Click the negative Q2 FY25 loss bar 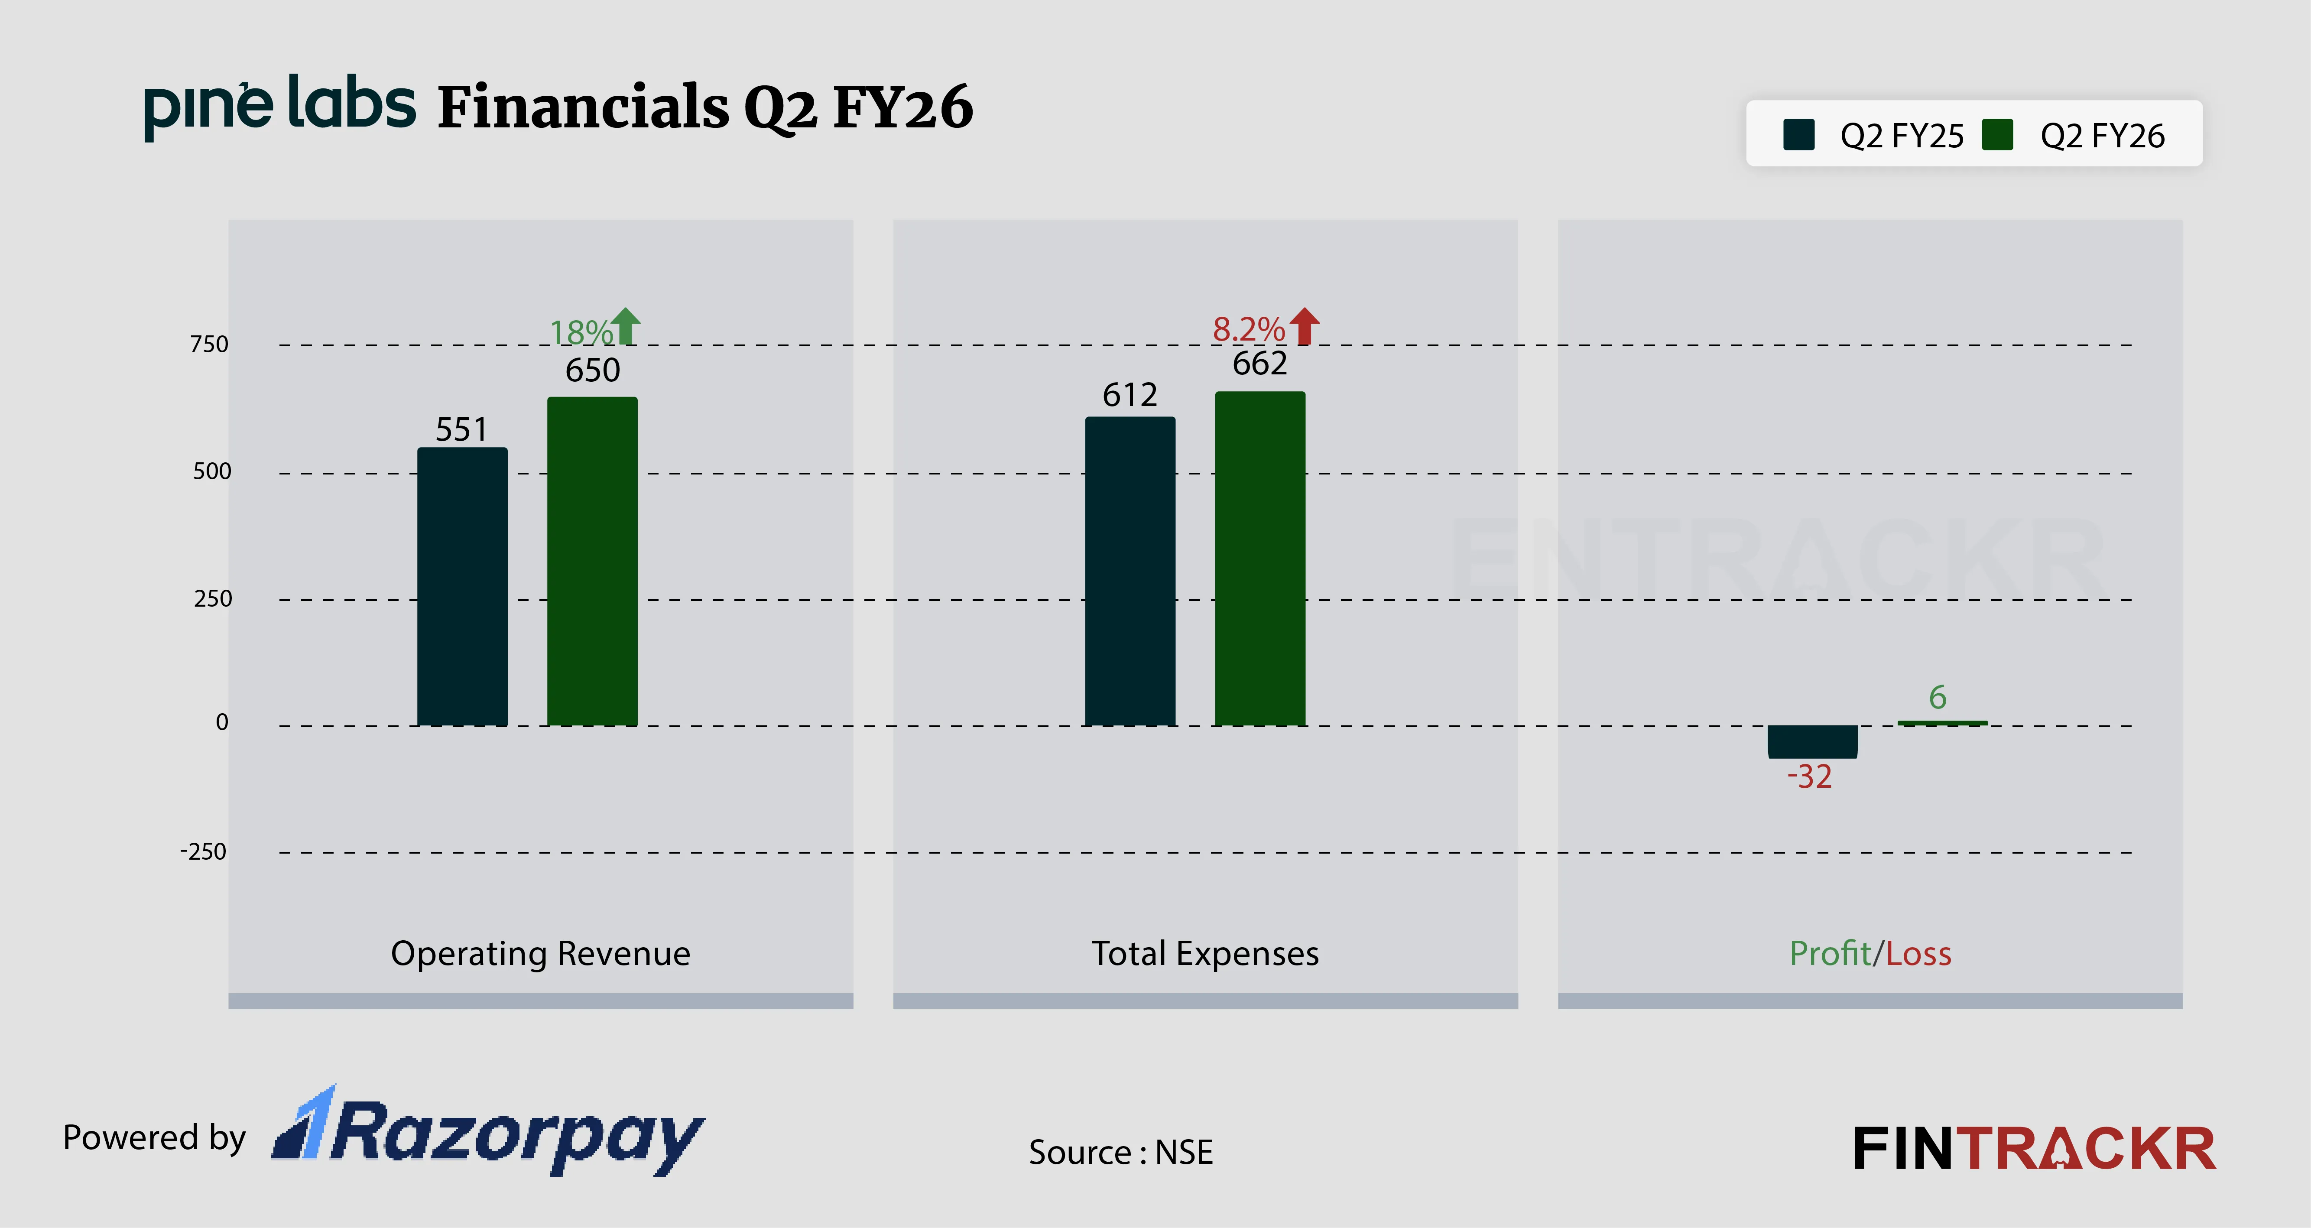(1812, 742)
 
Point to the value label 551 (462, 430)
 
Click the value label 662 (1259, 363)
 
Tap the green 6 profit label (1938, 697)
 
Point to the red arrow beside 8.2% (1305, 327)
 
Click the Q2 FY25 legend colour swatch (1799, 136)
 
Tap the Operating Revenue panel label (540, 954)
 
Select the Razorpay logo (489, 1133)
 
